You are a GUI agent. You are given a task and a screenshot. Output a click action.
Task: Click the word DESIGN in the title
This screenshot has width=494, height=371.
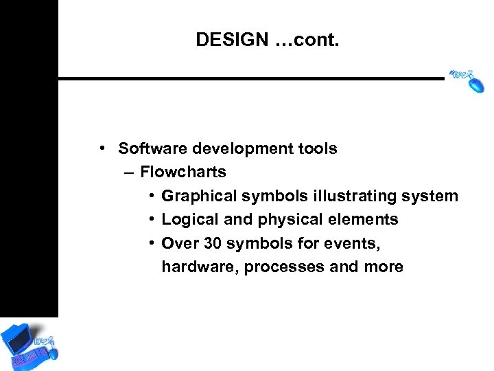(231, 40)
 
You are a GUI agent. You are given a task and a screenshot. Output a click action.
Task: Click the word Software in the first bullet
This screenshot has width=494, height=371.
(148, 148)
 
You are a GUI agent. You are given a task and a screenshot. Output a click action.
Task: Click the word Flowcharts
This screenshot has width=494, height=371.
(183, 172)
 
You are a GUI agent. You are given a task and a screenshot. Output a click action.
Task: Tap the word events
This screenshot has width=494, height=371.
(355, 243)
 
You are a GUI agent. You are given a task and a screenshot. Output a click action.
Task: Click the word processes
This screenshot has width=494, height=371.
(284, 267)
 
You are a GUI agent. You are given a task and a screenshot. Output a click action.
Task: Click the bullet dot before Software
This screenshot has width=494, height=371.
(101, 148)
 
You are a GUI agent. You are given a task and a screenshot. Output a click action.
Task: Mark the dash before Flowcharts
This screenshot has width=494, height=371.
(130, 172)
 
